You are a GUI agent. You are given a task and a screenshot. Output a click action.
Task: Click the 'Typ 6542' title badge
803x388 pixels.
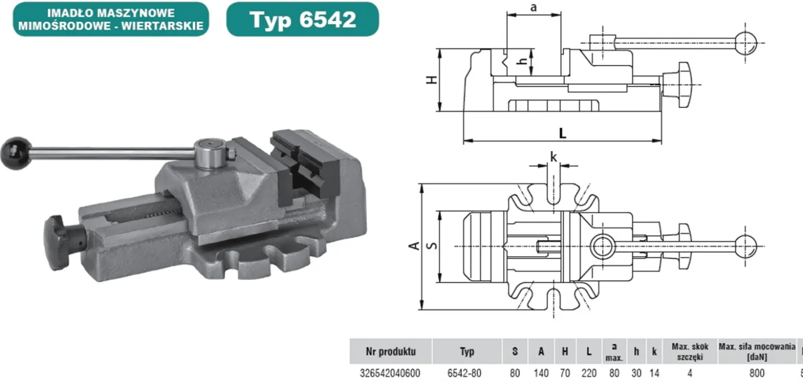pos(303,19)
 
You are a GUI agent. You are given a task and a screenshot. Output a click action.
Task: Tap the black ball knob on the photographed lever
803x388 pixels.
pos(16,153)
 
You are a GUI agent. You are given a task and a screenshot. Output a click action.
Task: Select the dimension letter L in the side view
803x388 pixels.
pos(563,133)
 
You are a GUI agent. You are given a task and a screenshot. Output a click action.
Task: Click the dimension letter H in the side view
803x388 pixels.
pos(432,80)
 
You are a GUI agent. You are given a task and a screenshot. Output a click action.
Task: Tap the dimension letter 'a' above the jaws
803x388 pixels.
pos(533,7)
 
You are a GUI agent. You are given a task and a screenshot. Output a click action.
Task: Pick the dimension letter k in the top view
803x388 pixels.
pos(554,157)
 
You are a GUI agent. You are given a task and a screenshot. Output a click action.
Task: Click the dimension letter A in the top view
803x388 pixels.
pos(414,246)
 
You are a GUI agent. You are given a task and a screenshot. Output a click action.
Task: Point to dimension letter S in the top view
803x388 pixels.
pos(432,246)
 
